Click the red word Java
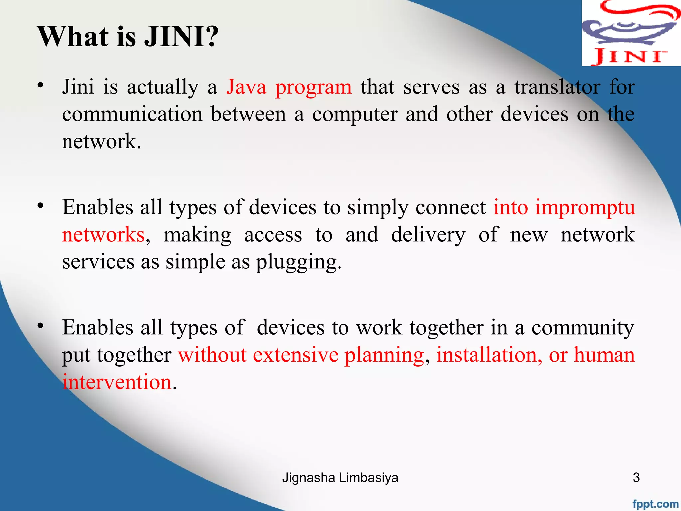[246, 87]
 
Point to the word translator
[557, 87]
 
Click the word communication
[132, 114]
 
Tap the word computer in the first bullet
[354, 115]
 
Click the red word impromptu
[585, 208]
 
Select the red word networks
[103, 235]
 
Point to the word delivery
[428, 235]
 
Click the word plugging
[298, 262]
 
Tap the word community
[583, 328]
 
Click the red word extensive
[296, 355]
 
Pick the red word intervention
[117, 382]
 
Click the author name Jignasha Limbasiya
[340, 478]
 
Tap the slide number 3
[636, 478]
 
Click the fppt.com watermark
[655, 504]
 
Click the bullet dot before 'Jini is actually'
[40, 85]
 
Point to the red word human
[604, 355]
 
